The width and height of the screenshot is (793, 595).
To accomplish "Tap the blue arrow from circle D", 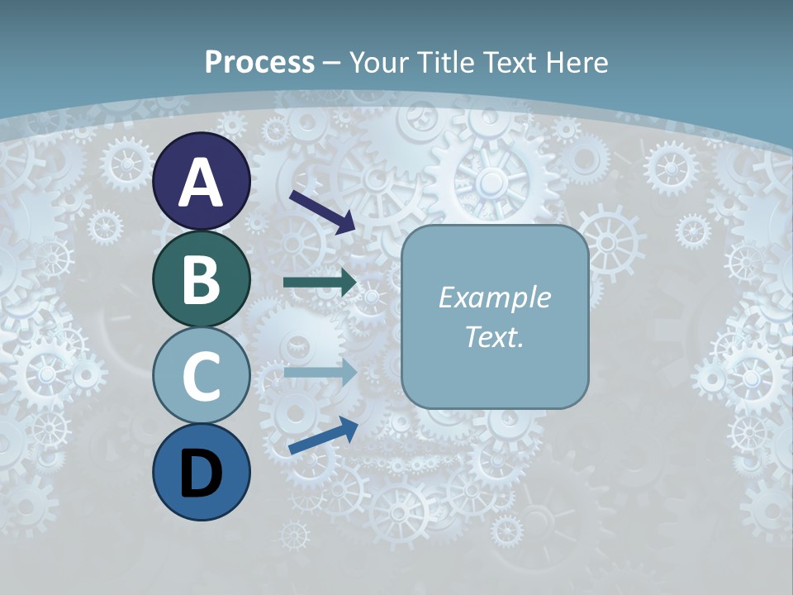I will (323, 436).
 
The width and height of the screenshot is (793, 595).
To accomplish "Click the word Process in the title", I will (259, 62).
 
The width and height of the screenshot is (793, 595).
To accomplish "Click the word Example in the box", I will (494, 297).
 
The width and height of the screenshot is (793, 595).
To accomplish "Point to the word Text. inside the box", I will (494, 336).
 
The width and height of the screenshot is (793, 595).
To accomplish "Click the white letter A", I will (202, 182).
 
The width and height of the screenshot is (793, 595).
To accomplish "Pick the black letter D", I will (202, 474).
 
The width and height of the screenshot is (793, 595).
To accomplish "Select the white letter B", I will (202, 279).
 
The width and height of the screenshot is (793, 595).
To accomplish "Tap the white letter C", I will (202, 377).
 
